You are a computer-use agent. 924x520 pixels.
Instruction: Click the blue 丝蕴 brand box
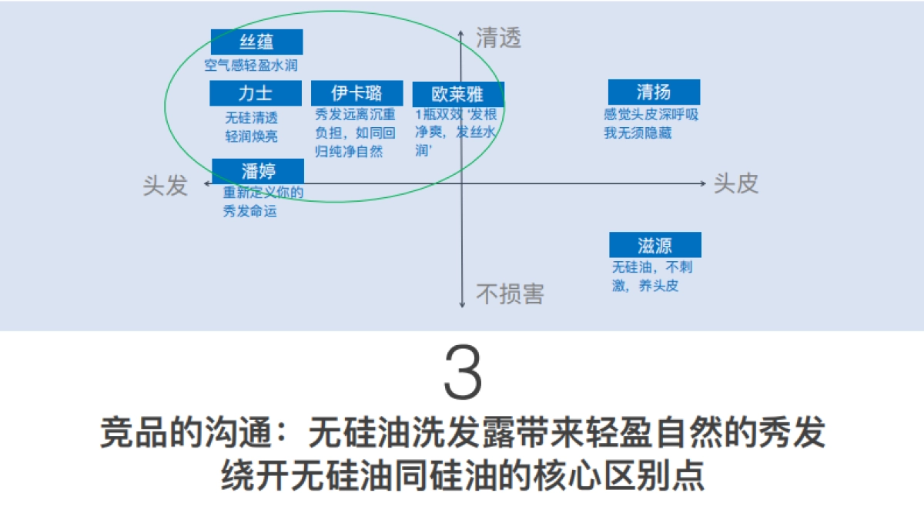point(256,42)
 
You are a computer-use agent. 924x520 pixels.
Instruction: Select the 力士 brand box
point(256,94)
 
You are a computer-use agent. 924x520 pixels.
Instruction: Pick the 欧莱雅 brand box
point(457,94)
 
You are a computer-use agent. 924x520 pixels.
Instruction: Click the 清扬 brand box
point(654,92)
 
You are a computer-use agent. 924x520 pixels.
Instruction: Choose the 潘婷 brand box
point(257,171)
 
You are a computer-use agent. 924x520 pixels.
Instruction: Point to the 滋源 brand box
point(655,245)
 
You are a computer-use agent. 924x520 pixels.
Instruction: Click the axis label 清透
point(498,39)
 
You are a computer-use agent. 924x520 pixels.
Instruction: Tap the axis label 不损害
point(510,294)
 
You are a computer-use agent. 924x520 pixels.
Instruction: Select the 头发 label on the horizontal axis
point(165,185)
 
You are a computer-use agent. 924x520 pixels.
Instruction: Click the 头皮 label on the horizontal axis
point(736,183)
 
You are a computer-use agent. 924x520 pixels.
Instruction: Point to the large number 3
point(463,373)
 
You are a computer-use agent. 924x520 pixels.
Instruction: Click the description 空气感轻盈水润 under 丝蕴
point(251,65)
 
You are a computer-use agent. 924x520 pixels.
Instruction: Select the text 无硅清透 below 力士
point(251,119)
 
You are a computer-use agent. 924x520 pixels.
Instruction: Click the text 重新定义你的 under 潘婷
point(263,193)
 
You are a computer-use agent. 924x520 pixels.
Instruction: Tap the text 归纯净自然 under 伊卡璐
point(349,151)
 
